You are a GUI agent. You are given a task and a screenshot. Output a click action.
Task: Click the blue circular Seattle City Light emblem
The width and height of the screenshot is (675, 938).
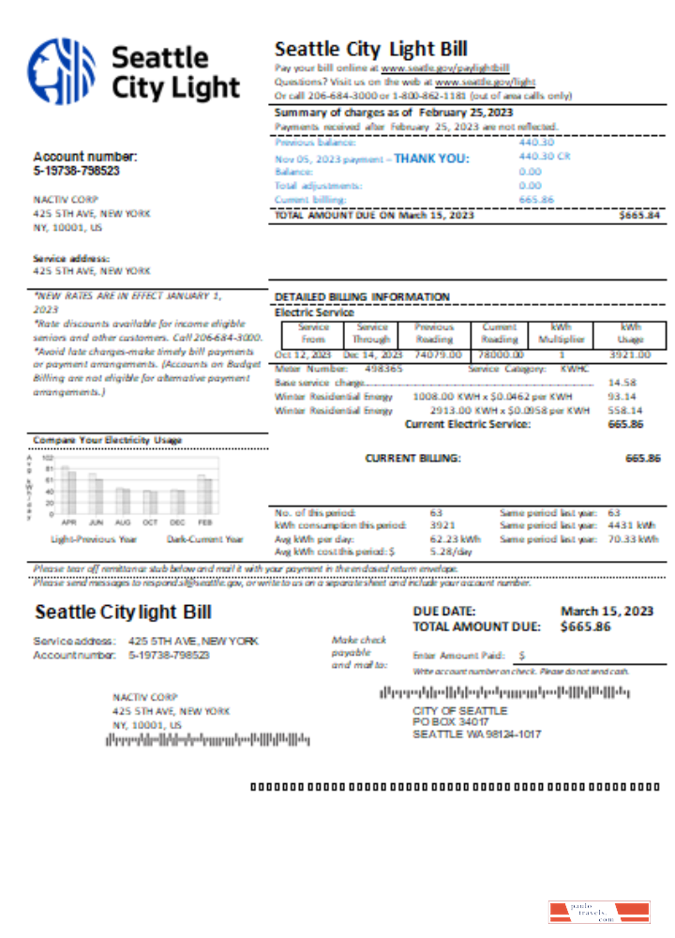pos(62,71)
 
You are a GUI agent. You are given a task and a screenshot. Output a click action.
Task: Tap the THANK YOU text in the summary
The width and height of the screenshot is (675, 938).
pos(431,159)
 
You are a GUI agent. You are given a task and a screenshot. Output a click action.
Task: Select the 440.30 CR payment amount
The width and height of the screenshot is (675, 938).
pos(544,157)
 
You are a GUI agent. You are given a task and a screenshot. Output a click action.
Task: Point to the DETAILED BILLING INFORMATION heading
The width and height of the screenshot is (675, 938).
pos(362,297)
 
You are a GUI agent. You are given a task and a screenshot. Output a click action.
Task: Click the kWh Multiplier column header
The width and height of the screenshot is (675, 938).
pos(568,333)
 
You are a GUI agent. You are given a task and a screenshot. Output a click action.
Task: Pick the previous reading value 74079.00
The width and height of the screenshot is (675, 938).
pos(438,356)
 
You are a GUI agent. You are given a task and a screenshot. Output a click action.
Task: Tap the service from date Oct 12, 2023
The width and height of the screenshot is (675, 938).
pos(304,356)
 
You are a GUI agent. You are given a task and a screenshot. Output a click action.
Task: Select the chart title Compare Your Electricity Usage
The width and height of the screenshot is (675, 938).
pos(108,440)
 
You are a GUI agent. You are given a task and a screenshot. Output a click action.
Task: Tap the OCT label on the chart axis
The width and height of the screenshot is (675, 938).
pos(150,521)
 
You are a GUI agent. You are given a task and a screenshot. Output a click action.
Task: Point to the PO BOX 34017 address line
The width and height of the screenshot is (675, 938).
pos(450,722)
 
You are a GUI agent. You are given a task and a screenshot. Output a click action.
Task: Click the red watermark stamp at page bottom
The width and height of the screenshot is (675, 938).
pos(598,912)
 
